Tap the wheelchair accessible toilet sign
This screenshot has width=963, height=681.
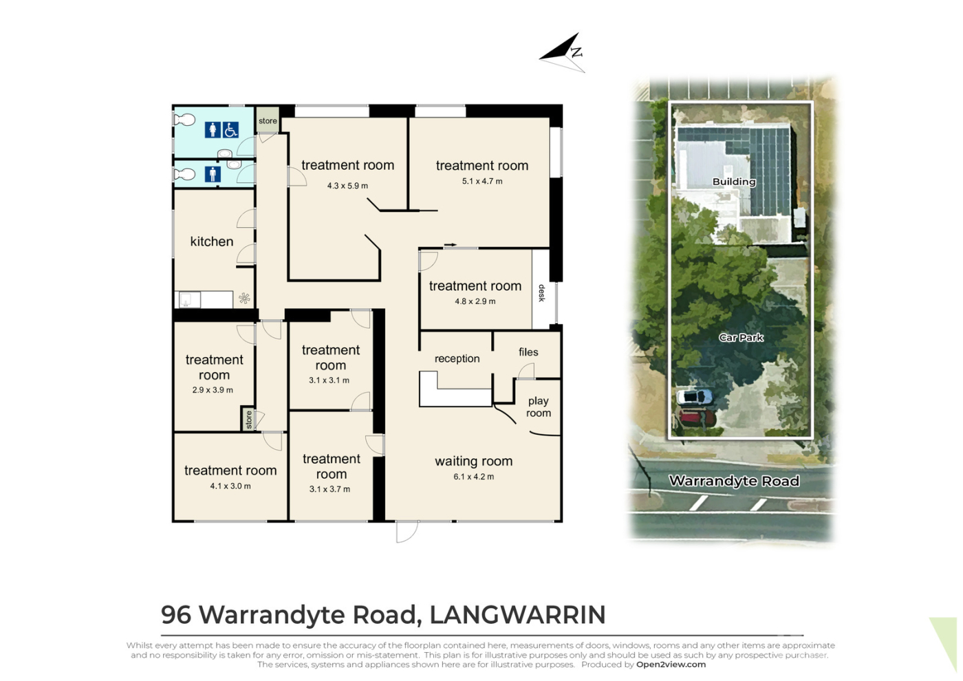coord(230,130)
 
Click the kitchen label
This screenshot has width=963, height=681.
coord(212,241)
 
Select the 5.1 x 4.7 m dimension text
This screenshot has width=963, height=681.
coord(482,182)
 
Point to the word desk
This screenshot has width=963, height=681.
coord(542,293)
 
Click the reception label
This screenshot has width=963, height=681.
coord(457,358)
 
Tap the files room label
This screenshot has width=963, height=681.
coord(528,352)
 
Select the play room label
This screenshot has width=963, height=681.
coord(538,407)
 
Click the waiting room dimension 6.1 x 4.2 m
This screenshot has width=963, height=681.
coord(473,477)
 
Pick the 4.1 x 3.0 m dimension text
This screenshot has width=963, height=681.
coord(230,486)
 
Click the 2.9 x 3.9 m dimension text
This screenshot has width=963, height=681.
coord(213,391)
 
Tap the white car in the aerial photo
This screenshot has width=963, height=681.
coord(695,396)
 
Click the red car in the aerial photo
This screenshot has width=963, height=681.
coord(696,418)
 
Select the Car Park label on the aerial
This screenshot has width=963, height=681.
coord(742,338)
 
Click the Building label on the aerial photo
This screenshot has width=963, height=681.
coord(734,182)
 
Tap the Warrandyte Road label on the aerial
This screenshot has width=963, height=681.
coord(734,481)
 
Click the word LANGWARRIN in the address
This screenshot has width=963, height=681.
coord(517,614)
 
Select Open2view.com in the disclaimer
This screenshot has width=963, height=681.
coord(671,664)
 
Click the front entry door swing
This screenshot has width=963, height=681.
coord(407,532)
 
